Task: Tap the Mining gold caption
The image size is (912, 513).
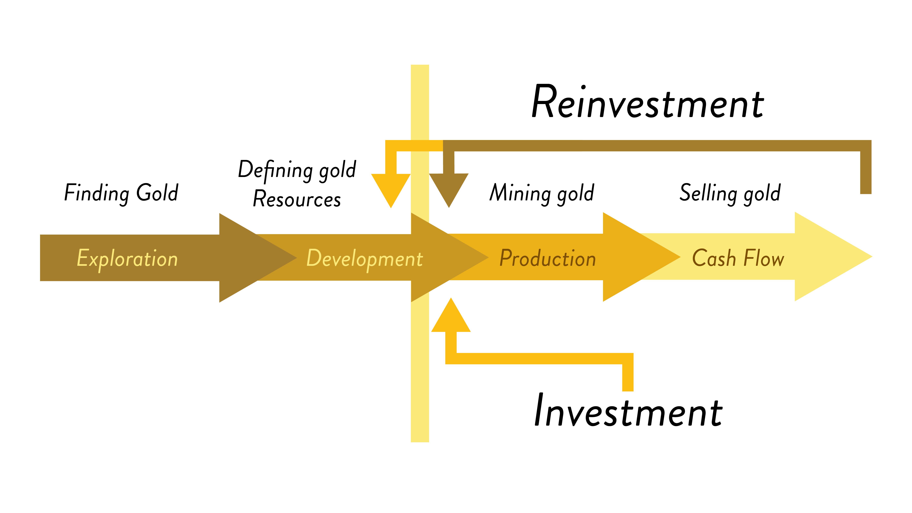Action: point(542,193)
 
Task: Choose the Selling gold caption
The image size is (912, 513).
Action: point(730,193)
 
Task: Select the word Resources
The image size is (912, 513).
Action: point(297,199)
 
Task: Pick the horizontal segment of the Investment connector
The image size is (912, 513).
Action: point(538,358)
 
